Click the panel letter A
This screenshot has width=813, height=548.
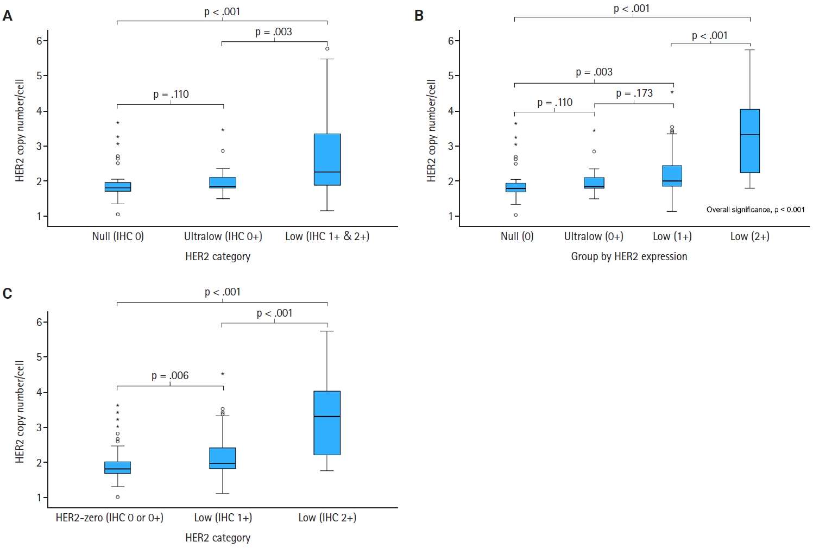tap(8, 16)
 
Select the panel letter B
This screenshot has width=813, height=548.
tap(419, 16)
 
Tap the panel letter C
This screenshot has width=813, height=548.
tap(8, 294)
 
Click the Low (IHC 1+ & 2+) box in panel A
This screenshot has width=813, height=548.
tap(327, 159)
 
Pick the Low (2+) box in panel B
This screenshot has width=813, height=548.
tap(750, 141)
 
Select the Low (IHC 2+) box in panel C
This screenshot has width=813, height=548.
tap(327, 423)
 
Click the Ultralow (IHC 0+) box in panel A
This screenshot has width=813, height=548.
tap(223, 182)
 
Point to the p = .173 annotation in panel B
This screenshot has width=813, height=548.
tap(634, 93)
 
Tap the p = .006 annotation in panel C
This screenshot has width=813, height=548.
tap(170, 376)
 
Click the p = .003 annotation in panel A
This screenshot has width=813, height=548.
tap(274, 32)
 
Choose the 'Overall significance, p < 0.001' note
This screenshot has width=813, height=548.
tap(755, 210)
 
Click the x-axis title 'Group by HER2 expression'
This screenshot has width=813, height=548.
tap(629, 256)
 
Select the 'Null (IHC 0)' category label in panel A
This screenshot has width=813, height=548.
tap(118, 236)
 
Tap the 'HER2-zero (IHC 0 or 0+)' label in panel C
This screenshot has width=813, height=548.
tap(110, 518)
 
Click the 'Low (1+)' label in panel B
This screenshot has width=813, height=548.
tap(672, 236)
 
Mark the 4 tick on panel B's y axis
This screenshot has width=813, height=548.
tap(451, 111)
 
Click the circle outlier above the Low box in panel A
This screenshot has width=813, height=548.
tap(327, 49)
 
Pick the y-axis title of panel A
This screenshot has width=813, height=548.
tap(20, 130)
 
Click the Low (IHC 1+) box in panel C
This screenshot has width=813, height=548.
tap(223, 458)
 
